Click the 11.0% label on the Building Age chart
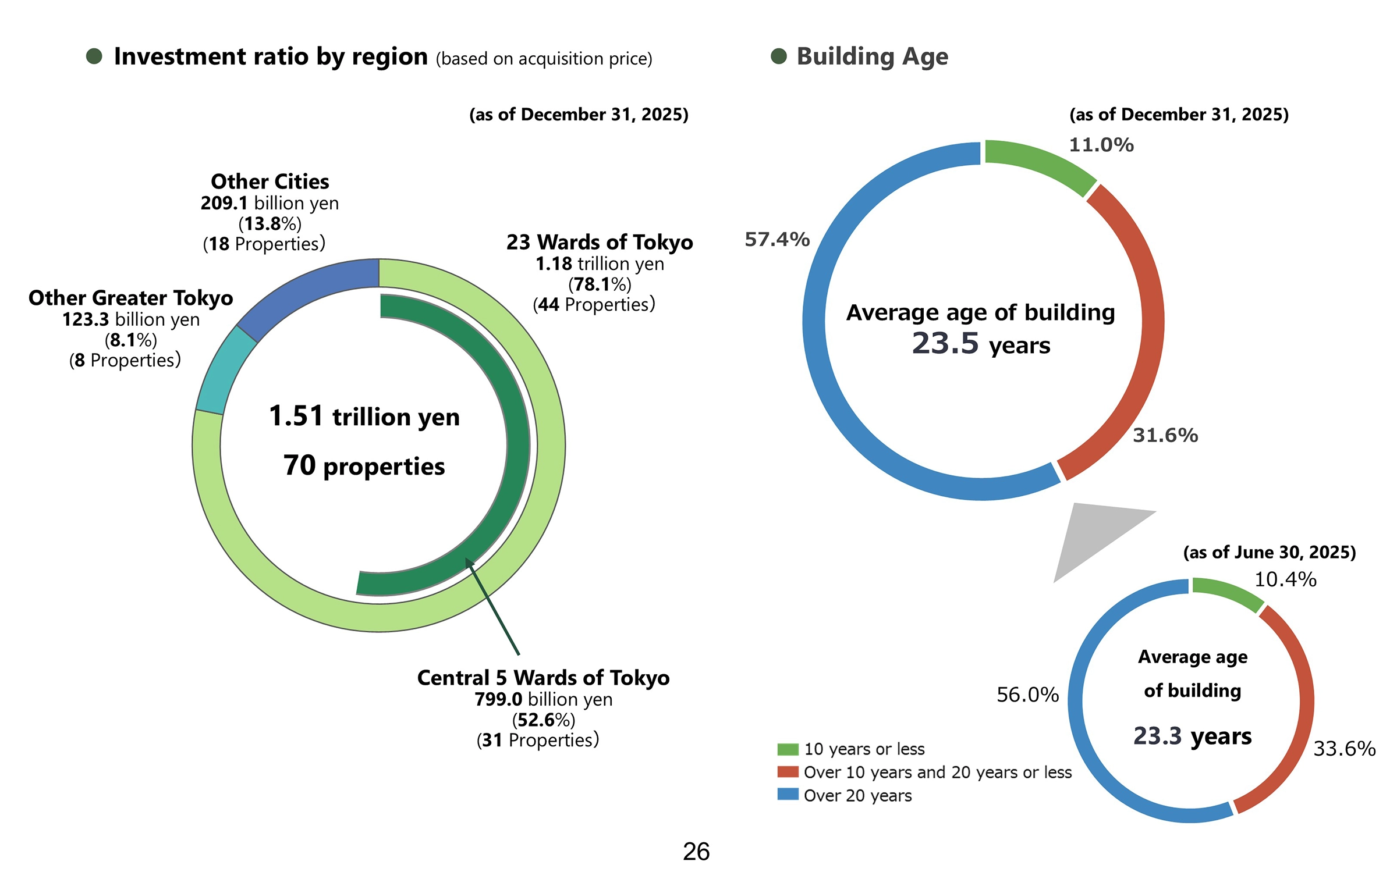tap(1101, 145)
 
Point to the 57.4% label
tap(776, 239)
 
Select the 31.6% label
tap(1165, 435)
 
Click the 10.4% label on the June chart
tap(1285, 579)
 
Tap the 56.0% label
tap(1027, 695)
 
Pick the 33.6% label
tap(1344, 749)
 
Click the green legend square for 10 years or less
tap(787, 749)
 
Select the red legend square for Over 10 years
tap(787, 772)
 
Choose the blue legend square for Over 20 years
tap(787, 795)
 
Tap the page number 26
tap(696, 852)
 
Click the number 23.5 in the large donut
tap(945, 343)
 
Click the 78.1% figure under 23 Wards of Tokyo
tap(600, 284)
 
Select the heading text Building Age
tap(872, 56)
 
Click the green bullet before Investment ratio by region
tap(94, 56)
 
